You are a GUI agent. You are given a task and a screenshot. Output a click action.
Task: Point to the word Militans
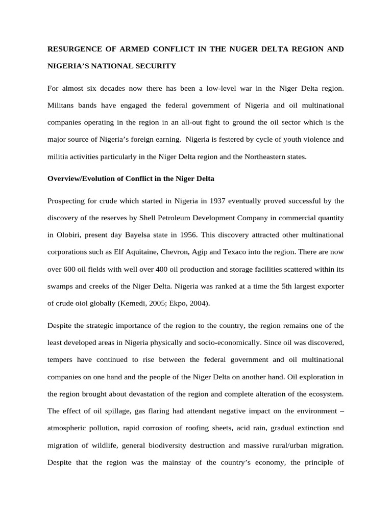(61, 106)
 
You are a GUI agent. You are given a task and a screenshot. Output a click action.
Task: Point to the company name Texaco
(233, 251)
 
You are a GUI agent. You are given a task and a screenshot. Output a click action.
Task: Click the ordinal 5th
(289, 286)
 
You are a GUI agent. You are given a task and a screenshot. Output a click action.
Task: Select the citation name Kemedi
(132, 303)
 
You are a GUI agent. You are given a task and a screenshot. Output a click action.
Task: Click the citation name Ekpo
(176, 303)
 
